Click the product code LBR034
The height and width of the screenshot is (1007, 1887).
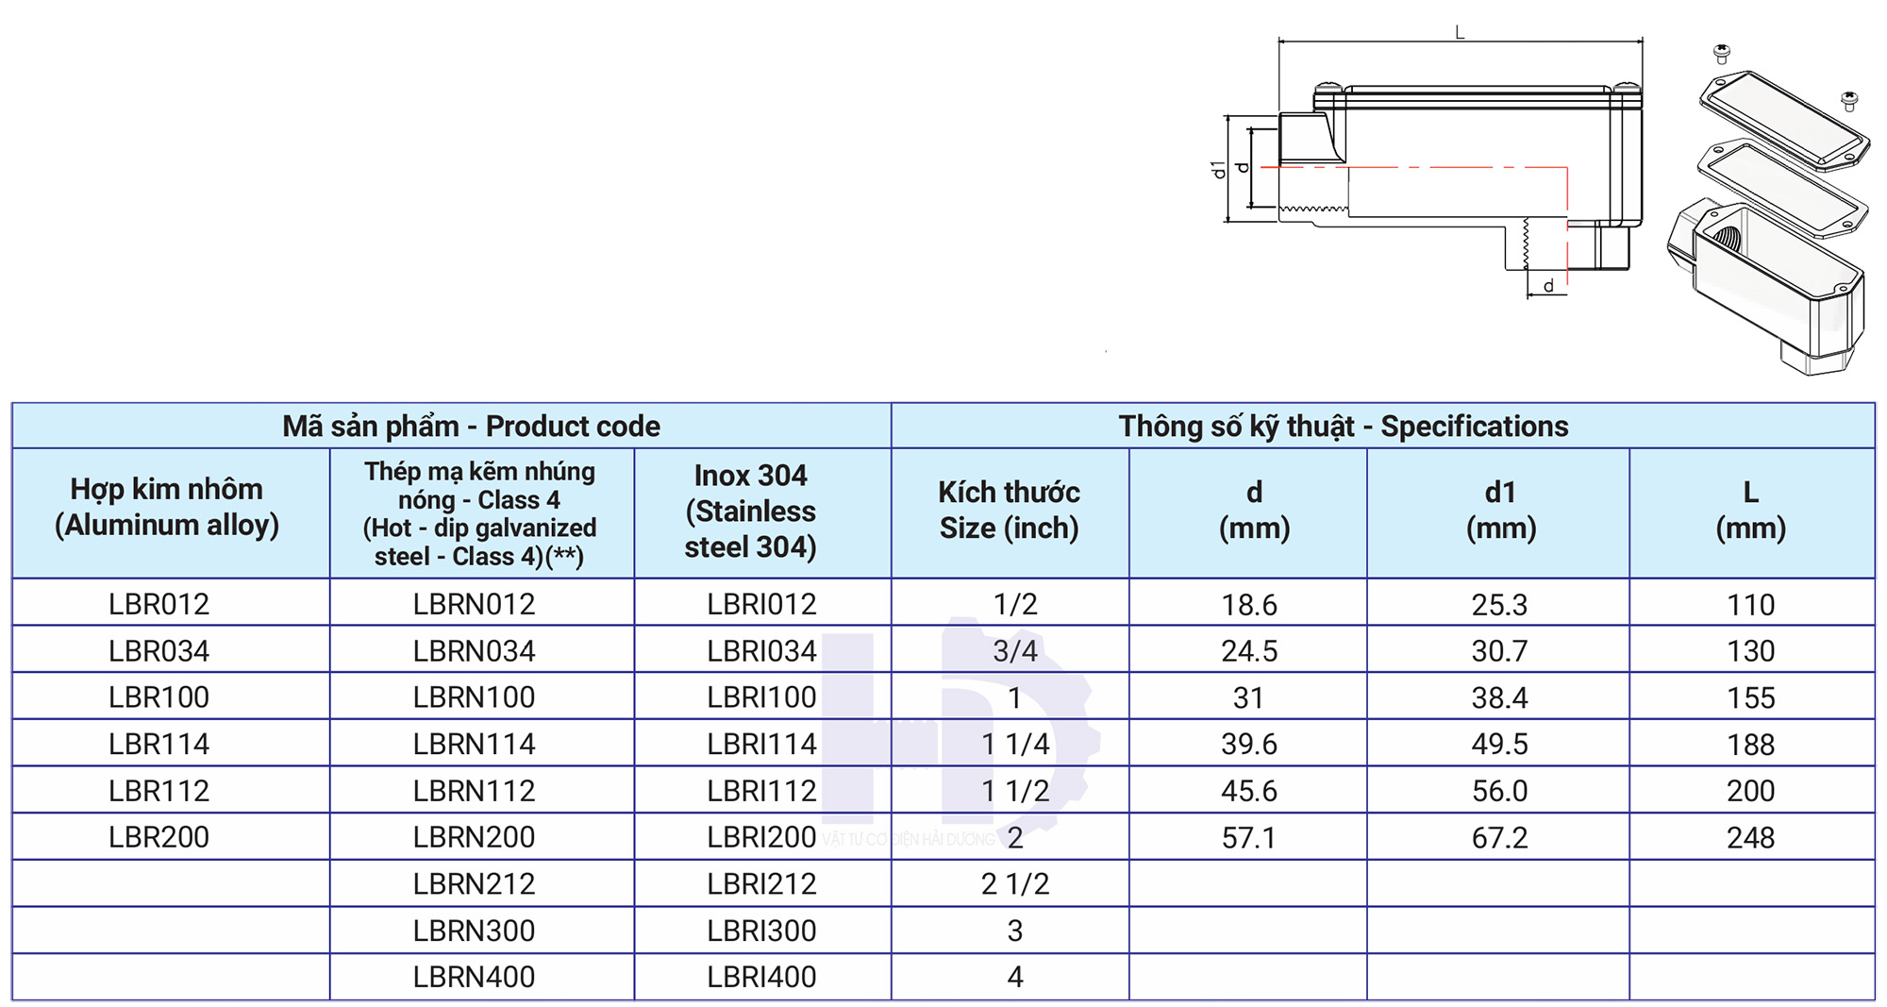(x=159, y=650)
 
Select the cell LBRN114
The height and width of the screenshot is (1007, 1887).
(x=474, y=744)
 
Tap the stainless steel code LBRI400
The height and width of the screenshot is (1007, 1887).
(x=761, y=977)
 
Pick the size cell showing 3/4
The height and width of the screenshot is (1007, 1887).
(x=1015, y=650)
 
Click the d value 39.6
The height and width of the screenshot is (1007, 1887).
(x=1249, y=744)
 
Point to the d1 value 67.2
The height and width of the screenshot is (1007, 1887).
(x=1499, y=837)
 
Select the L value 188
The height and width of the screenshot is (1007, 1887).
(x=1750, y=744)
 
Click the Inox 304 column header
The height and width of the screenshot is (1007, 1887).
(x=751, y=511)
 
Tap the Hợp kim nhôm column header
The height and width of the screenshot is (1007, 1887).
(x=167, y=507)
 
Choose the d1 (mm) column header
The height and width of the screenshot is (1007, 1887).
(x=1500, y=510)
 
